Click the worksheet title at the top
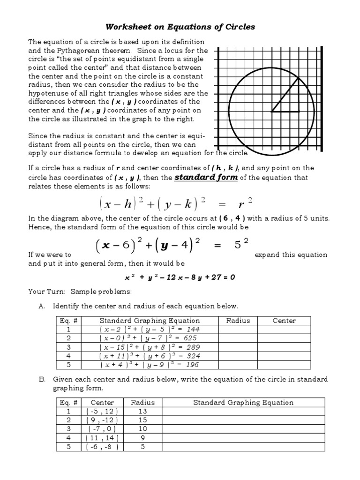180,27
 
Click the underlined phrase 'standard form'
206,178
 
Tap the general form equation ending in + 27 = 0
180,277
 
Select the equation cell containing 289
150,347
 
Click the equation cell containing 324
150,356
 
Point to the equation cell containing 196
150,364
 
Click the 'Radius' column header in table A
238,321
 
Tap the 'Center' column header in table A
284,321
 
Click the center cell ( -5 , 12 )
102,411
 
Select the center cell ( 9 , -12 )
102,420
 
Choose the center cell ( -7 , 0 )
102,429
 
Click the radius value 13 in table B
142,411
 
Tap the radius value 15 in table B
142,420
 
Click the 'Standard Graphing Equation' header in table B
243,402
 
